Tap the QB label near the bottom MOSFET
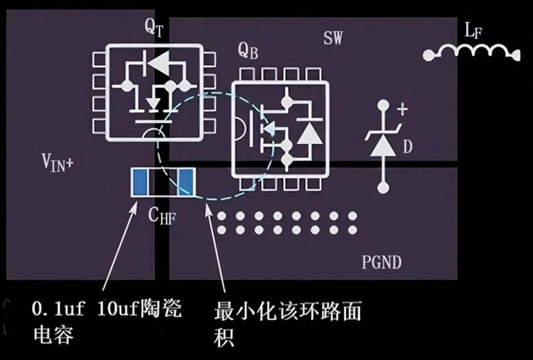[x=248, y=50]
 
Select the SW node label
[x=333, y=38]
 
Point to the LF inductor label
[x=473, y=32]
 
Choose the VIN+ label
[x=57, y=162]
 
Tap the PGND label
[x=381, y=262]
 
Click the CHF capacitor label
[x=162, y=215]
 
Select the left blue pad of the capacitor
[x=139, y=181]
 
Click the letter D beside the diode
[x=407, y=146]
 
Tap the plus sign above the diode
[x=403, y=109]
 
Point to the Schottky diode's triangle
[x=383, y=144]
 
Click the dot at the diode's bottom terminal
[x=383, y=187]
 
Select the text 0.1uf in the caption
[x=55, y=310]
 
